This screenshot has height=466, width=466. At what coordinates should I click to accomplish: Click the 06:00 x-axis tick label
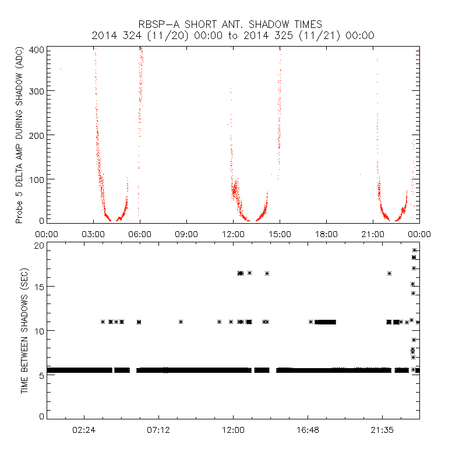tap(140, 234)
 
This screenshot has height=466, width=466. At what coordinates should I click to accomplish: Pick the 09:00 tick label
tap(186, 234)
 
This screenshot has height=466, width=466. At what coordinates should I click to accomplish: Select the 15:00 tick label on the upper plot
tap(280, 234)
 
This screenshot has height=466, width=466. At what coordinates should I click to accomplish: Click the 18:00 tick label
tap(326, 234)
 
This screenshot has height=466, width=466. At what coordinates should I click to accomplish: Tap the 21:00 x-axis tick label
tap(373, 234)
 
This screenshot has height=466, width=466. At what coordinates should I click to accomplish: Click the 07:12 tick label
tap(158, 429)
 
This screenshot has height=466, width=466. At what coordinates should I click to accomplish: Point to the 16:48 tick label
tap(308, 429)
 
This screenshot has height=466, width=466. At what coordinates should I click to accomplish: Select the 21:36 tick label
tap(382, 429)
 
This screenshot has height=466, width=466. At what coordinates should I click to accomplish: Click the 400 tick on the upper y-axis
tap(36, 50)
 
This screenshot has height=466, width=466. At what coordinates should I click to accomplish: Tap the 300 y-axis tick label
tap(36, 91)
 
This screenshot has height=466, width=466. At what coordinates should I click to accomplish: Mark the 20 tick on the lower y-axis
tap(40, 245)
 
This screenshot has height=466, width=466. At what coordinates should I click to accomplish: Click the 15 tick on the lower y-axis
tap(40, 287)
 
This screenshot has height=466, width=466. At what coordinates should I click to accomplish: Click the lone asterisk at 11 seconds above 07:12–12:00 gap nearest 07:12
tap(181, 322)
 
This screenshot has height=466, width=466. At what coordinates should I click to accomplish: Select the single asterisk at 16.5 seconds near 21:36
tap(389, 273)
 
